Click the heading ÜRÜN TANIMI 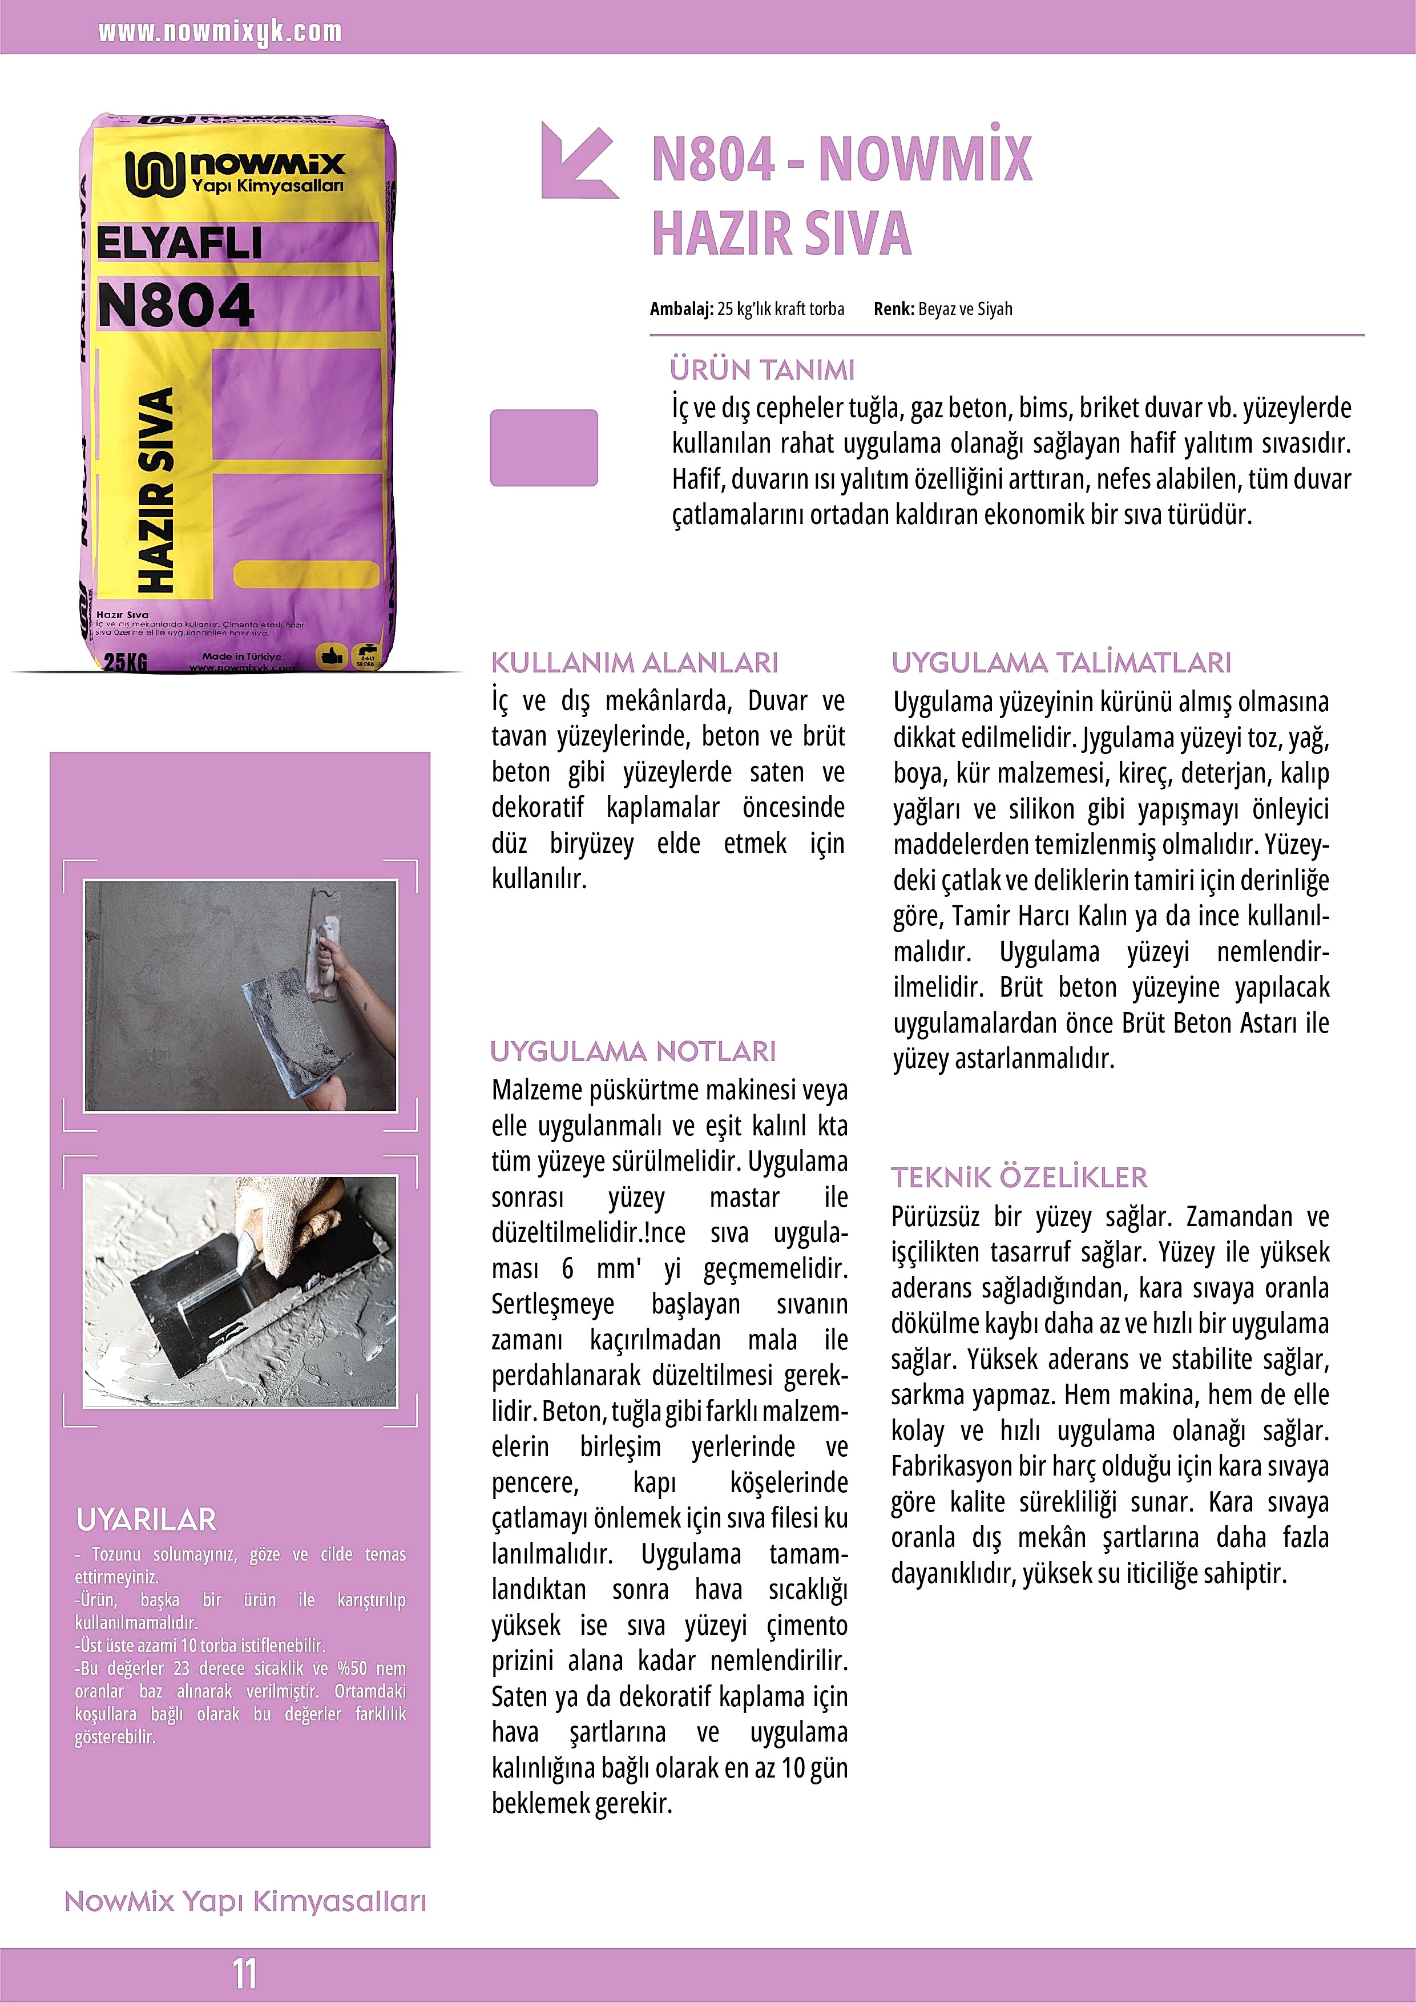762,370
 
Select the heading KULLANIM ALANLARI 634,663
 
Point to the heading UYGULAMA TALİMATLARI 1061,663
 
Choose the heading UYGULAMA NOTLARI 632,1051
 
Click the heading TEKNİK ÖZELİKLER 1019,1178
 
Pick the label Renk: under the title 893,309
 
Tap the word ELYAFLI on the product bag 179,243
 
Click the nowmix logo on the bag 234,173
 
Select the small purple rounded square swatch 543,448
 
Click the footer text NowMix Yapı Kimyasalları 245,1902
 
